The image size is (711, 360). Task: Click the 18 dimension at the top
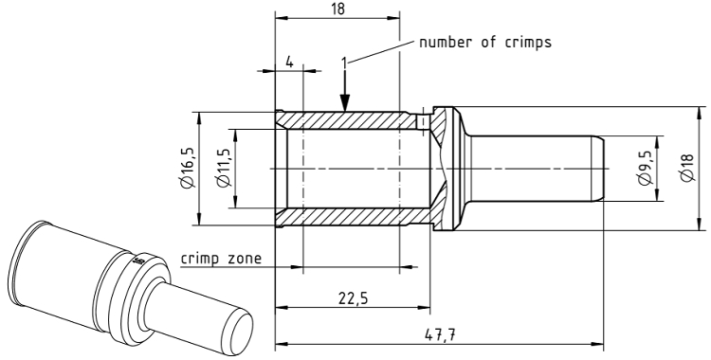point(337,9)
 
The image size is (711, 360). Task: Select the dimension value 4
point(289,62)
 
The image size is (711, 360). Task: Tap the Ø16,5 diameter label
point(188,168)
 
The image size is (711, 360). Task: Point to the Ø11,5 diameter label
point(224,168)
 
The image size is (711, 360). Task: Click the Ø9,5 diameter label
point(645,169)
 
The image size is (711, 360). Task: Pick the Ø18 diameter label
point(687,169)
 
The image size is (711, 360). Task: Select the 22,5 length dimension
point(353,297)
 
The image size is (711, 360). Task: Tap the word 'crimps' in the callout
point(528,43)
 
